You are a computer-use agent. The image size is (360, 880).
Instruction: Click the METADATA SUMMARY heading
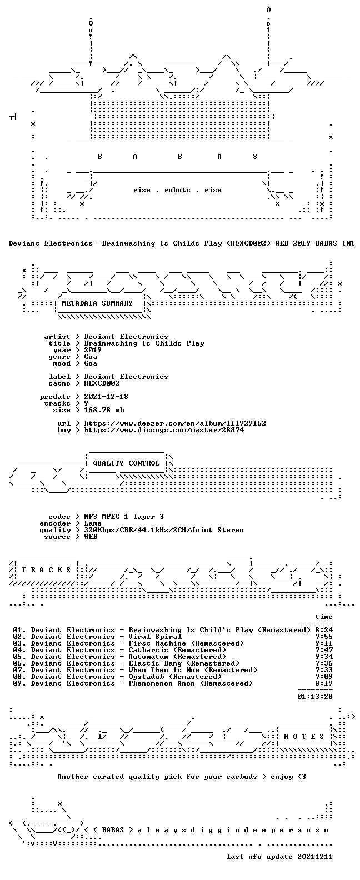coord(97,303)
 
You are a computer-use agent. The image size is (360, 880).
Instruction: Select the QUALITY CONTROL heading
coord(126,463)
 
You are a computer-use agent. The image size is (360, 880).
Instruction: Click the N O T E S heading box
coord(304,737)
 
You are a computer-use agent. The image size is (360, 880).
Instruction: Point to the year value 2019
coord(93,350)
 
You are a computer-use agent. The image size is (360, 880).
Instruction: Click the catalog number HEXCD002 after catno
coord(102,383)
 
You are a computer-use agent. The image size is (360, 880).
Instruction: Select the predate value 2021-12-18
coord(106,397)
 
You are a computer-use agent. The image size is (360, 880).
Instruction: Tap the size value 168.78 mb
coord(104,410)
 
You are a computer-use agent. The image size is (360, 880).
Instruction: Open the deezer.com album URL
coord(175,423)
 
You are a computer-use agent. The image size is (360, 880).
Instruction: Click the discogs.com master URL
coord(164,430)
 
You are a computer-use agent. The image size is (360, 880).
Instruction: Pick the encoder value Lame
coord(93,524)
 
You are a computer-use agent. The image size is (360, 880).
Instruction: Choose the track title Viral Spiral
coord(155,637)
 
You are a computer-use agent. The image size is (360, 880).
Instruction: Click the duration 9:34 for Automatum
coord(324,657)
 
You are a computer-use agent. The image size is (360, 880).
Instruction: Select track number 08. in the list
coord(19,677)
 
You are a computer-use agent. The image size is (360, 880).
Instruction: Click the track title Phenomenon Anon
coord(162,683)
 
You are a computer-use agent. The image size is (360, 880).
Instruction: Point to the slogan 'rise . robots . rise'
coord(177,190)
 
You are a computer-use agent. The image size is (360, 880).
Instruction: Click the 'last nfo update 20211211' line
coord(279,857)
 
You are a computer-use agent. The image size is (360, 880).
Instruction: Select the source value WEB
coord(91,537)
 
